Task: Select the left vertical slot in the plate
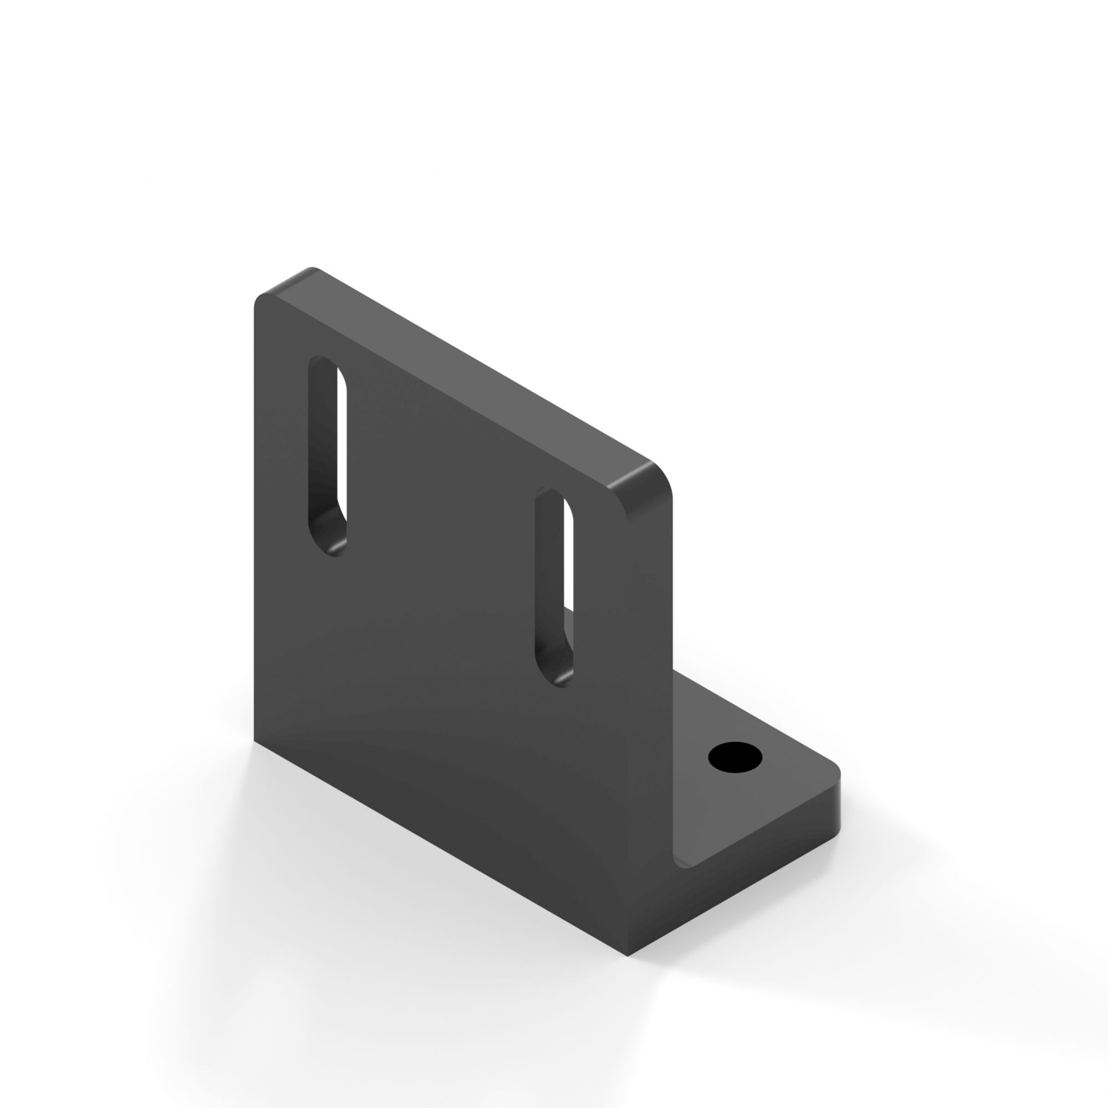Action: click(327, 456)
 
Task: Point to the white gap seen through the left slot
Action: click(342, 447)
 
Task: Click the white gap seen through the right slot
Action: click(568, 556)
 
